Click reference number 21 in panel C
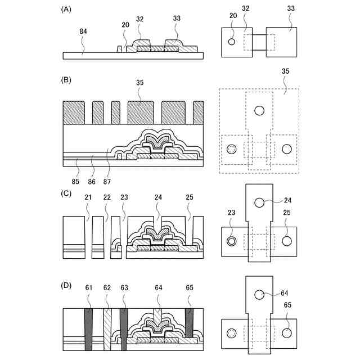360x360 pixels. tap(88, 197)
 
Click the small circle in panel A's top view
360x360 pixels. tap(231, 42)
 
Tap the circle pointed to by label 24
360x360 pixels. tap(259, 202)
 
